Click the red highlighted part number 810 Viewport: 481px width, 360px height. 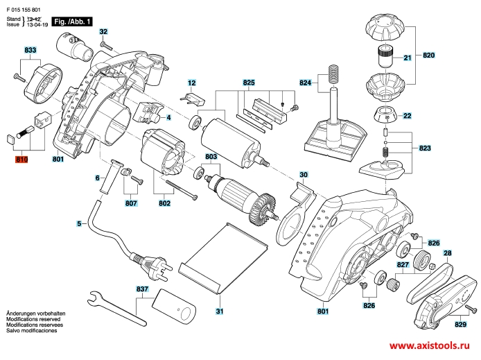click(x=21, y=160)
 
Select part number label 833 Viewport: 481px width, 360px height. click(x=30, y=51)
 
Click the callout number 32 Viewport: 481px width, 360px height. click(x=103, y=32)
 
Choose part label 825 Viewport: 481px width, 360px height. click(x=249, y=83)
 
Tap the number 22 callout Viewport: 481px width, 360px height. click(x=407, y=115)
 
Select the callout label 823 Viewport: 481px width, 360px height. click(x=425, y=148)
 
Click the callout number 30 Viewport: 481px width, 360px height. click(x=303, y=174)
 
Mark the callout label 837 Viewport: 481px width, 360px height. click(x=143, y=289)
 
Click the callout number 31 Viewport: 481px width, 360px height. click(x=219, y=311)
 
